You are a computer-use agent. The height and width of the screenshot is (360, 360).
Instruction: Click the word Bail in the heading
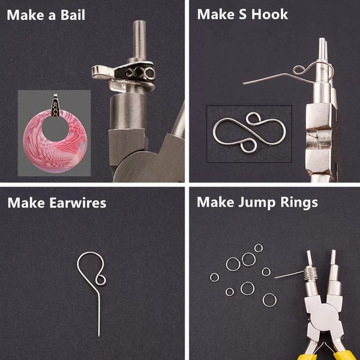(73, 15)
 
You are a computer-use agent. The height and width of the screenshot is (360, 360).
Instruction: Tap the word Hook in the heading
(269, 14)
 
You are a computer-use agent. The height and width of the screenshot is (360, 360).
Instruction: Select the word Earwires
(77, 203)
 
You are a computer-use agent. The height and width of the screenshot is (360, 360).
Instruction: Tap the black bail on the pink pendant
(55, 105)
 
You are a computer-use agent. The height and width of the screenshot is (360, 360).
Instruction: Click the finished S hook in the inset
(250, 133)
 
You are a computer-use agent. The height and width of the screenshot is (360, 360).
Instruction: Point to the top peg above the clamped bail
(139, 40)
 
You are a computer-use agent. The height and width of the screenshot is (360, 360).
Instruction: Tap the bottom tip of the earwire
(99, 337)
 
